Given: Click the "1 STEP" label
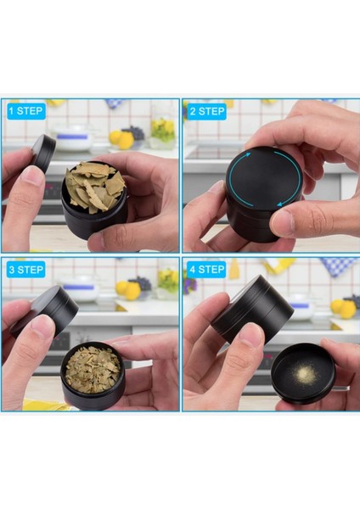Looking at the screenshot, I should tap(25, 110).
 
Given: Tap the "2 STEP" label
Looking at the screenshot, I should tap(205, 110).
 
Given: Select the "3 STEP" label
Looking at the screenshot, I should tap(25, 270).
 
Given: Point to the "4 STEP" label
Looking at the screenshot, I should tap(205, 270).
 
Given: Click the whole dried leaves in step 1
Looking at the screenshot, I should tap(95, 186).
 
